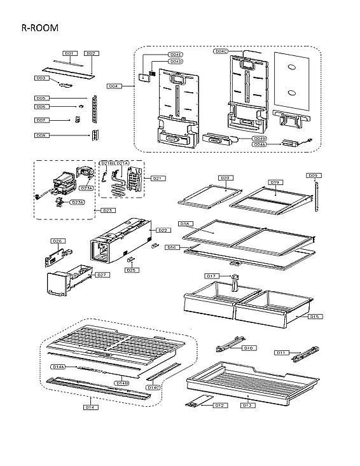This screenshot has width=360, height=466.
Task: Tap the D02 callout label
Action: pyautogui.click(x=90, y=53)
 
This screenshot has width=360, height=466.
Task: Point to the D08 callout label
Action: pyautogui.click(x=41, y=135)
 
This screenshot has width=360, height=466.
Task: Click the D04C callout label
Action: pyautogui.click(x=221, y=51)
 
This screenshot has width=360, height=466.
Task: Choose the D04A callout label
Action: pyautogui.click(x=260, y=144)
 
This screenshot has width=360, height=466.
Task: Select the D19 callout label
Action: pyautogui.click(x=275, y=182)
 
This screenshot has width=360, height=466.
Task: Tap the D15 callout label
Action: pyautogui.click(x=314, y=316)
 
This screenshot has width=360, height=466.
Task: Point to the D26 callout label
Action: pyautogui.click(x=57, y=241)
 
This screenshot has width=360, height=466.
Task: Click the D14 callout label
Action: pyautogui.click(x=91, y=407)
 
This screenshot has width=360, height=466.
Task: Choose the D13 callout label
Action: pyautogui.click(x=247, y=404)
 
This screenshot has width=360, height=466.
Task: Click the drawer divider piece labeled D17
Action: pyautogui.click(x=234, y=282)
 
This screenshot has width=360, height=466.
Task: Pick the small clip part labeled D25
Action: pyautogui.click(x=130, y=259)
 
